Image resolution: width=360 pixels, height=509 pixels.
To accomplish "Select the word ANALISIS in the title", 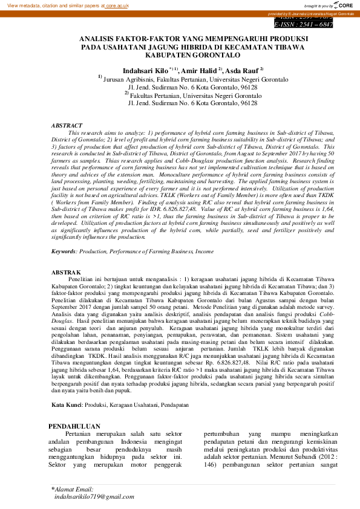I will pyautogui.click(x=99, y=38).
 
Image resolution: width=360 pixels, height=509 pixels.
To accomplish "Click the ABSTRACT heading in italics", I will pyautogui.click(x=67, y=125).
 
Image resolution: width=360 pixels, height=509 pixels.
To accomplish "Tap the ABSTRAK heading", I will pyautogui.click(x=67, y=273).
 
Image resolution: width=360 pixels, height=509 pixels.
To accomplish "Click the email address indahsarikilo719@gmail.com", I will pyautogui.click(x=93, y=496).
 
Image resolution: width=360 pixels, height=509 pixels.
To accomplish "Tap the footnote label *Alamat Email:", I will pyautogui.click(x=72, y=488).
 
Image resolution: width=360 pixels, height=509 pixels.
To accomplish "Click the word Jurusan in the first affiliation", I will pyautogui.click(x=116, y=79).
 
